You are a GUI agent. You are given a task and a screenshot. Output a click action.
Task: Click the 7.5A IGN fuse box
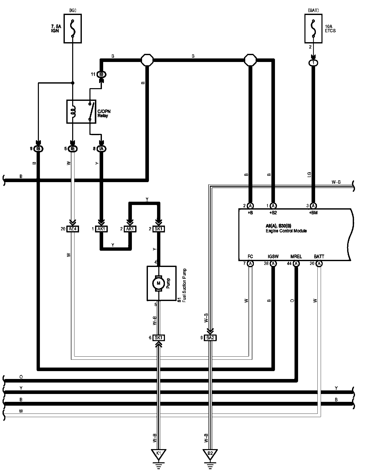pos(73,28)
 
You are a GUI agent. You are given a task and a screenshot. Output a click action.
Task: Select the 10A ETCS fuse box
pos(313,28)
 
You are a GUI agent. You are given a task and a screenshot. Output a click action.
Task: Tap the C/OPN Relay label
pos(104,114)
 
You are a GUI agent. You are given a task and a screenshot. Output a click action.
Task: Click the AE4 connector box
pos(73,229)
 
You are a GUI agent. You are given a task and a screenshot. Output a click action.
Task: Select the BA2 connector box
pos(210,338)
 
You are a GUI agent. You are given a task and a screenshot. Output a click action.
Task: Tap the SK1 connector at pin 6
pos(159,338)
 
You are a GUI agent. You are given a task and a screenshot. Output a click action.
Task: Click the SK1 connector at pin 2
pos(159,229)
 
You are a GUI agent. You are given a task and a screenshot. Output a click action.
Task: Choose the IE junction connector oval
pos(73,149)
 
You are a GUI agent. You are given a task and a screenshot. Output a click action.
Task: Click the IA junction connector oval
pos(102,149)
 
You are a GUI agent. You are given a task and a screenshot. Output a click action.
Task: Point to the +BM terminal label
pos(313,213)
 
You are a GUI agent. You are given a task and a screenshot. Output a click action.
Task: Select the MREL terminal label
pos(296,257)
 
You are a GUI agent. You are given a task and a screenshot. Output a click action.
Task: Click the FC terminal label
pos(250,257)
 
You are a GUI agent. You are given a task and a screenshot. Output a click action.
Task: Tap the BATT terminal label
pos(319,257)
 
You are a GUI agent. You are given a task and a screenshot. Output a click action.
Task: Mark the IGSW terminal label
pos(273,257)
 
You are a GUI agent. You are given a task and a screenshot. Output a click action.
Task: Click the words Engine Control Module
pos(286,231)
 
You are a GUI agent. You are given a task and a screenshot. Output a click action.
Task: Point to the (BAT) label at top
pos(313,10)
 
